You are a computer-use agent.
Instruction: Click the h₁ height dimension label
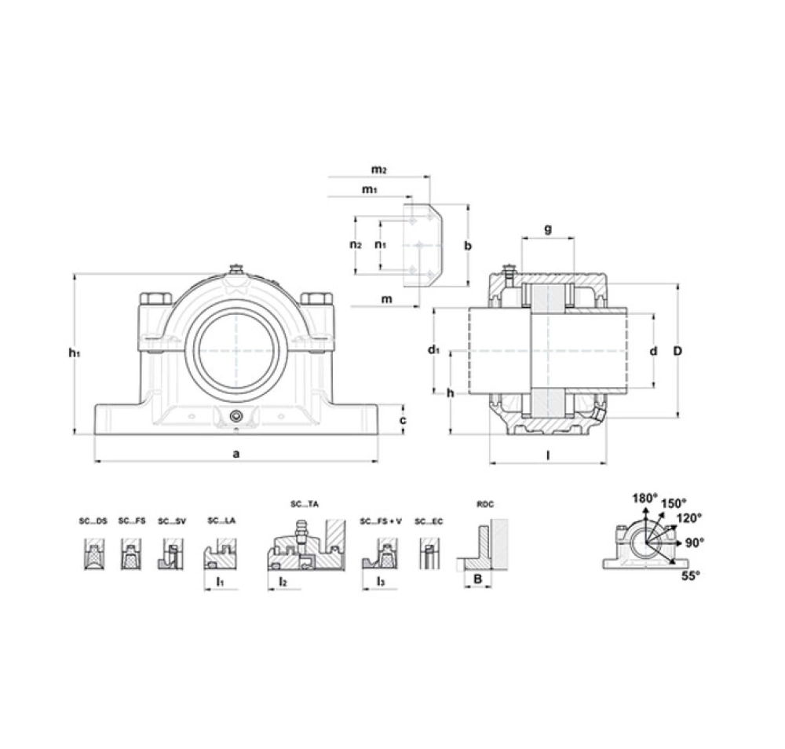[75, 353]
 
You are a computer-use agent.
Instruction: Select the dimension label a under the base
[236, 454]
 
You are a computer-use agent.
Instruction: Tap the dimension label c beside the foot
[403, 420]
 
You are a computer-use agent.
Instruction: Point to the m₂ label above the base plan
[378, 170]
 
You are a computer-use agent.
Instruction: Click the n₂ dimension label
[356, 244]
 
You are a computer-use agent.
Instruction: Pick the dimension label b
[468, 245]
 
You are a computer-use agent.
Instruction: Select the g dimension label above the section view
[548, 229]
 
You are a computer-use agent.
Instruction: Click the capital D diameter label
[677, 351]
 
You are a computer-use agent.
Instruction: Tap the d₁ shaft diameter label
[433, 349]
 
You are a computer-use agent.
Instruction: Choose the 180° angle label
[644, 499]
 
